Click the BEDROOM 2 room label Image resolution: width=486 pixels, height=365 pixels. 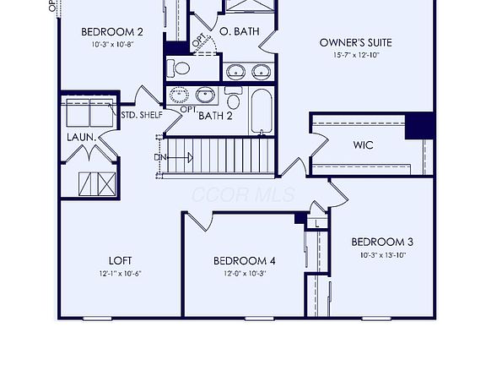coord(112,32)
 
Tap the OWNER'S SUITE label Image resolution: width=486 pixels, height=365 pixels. coord(355,42)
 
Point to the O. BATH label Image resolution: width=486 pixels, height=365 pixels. coord(239,32)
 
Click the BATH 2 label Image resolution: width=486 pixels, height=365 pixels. coord(215,116)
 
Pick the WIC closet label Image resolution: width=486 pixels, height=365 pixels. coord(363,144)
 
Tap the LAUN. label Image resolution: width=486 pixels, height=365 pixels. coord(81,136)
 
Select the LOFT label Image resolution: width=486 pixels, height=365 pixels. coord(120,259)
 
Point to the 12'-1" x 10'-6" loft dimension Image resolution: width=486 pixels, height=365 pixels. coord(120,273)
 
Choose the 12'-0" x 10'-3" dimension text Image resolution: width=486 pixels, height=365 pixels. coord(245,273)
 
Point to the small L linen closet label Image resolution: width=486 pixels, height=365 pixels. coord(316,224)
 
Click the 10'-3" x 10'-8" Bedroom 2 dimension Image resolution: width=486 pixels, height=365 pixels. coord(112,45)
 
